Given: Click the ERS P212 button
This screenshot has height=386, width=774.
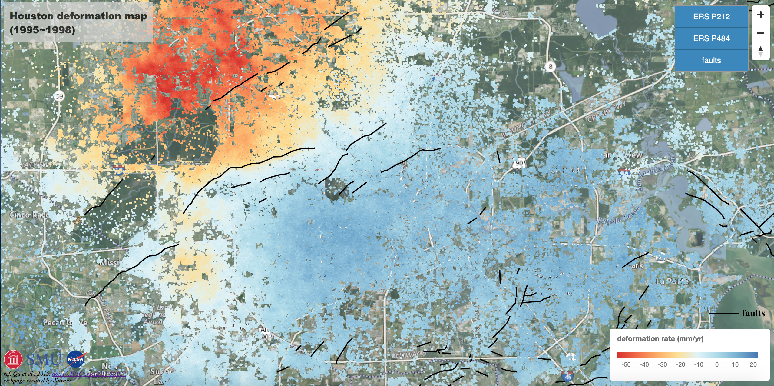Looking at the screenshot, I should coord(711,17).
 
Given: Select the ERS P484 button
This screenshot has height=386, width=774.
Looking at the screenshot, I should coord(711,38).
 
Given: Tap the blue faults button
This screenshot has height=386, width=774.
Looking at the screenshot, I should coord(711,60).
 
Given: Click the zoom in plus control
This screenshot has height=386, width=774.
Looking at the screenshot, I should coord(760,15).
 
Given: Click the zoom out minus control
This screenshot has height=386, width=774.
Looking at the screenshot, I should coord(760,33).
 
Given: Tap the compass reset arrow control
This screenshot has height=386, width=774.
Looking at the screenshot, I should coord(760,51).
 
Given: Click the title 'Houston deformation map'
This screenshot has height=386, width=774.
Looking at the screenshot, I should coord(78,16).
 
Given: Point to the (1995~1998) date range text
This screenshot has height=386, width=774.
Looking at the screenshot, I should coord(42,30).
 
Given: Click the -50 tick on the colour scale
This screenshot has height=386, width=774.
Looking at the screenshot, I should coord(626,364).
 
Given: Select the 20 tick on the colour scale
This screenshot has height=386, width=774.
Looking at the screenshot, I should coord(753,364).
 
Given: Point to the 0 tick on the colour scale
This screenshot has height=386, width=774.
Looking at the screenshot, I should coord(717,364).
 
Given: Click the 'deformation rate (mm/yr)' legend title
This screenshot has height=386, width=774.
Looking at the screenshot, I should coord(660,339).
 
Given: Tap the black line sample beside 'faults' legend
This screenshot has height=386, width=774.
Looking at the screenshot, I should coord(724,313).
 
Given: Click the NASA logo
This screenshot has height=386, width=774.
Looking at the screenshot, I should coord(76,359).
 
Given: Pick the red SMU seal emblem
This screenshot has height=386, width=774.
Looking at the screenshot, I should coord(13,360).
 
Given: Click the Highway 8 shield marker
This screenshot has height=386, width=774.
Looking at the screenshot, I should coord(550,66).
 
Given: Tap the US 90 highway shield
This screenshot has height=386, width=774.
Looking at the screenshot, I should coord(519,163).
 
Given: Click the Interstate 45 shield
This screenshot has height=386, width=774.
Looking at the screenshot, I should coord(568,376).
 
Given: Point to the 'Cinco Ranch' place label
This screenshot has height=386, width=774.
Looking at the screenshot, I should coord(29,215).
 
